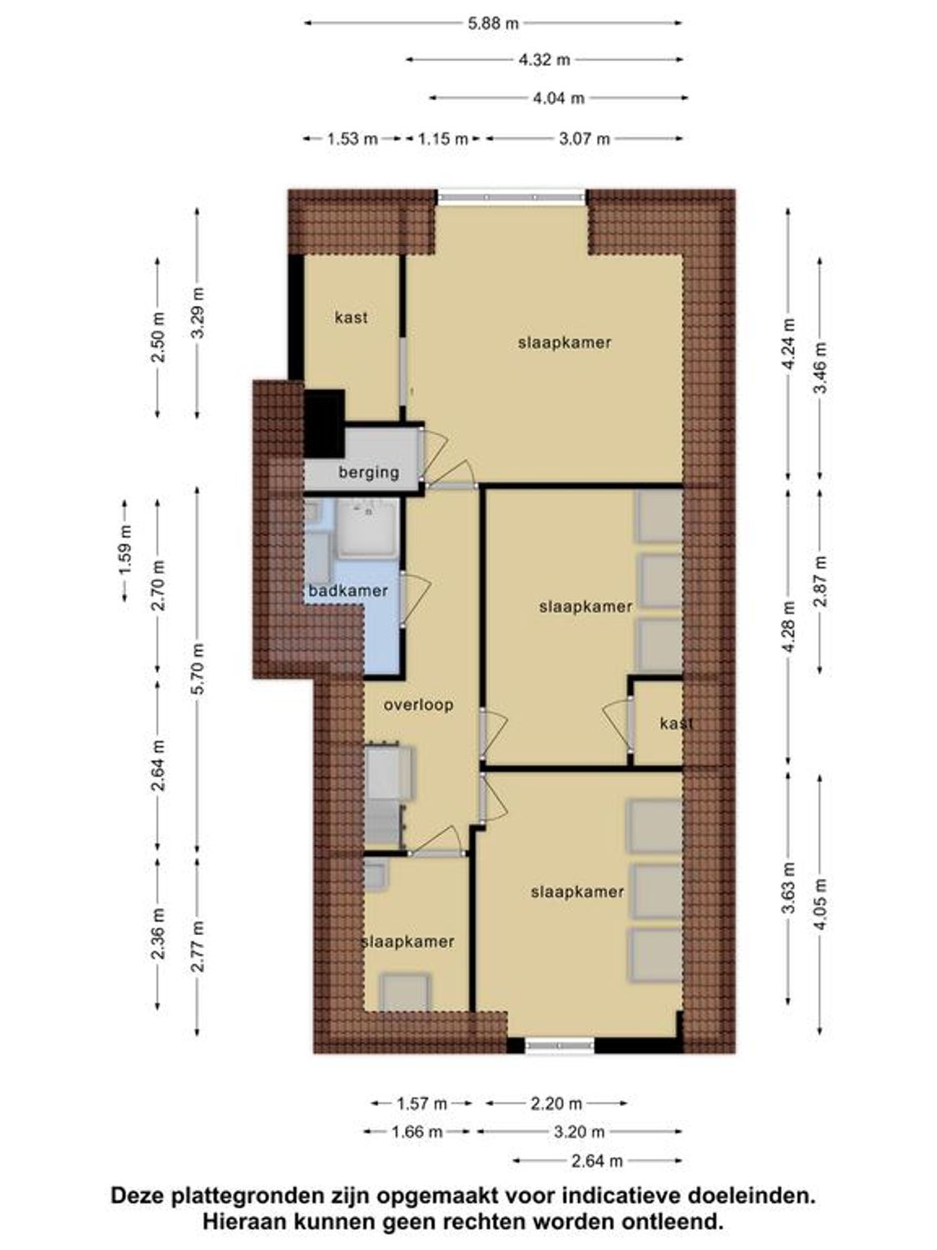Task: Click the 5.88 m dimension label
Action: click(493, 23)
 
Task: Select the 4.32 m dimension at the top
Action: click(544, 60)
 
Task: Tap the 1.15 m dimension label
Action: click(442, 139)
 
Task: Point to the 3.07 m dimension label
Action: click(584, 139)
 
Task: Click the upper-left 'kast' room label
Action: click(351, 317)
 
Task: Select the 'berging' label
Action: click(368, 472)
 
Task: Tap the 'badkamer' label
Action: click(347, 591)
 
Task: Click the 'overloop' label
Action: click(418, 705)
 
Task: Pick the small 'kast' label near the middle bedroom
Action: click(675, 723)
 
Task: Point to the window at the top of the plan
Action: click(512, 197)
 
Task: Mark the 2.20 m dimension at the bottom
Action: click(556, 1103)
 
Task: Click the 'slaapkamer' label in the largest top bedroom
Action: click(564, 342)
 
